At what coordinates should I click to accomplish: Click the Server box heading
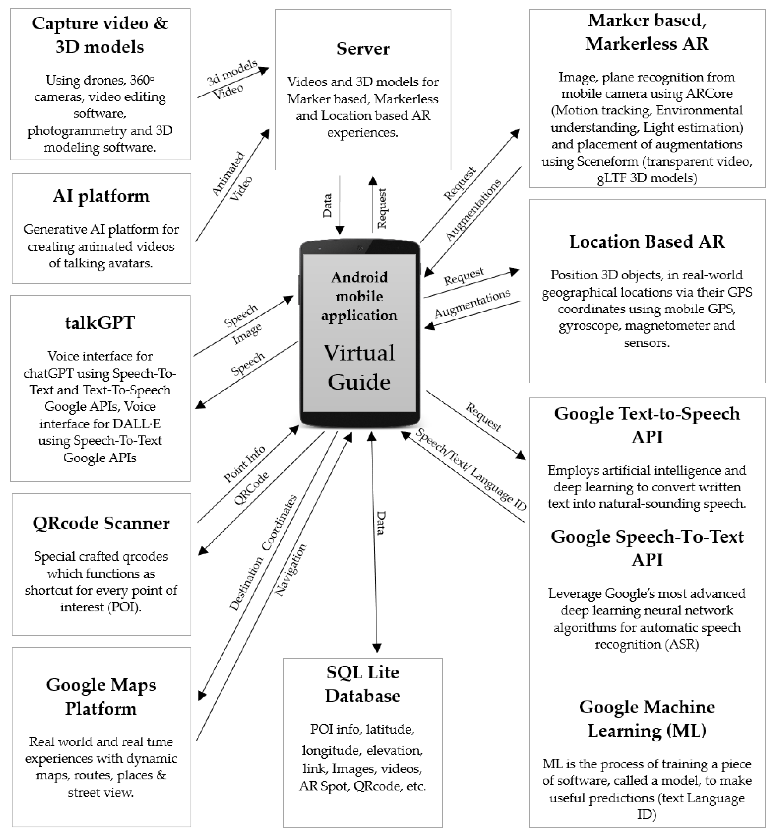point(363,49)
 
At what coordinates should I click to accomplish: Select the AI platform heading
point(101,196)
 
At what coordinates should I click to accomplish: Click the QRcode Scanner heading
point(101,523)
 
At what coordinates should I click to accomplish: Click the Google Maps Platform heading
point(101,697)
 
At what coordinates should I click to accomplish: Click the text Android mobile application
point(359,296)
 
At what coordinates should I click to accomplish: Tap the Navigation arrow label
point(291,569)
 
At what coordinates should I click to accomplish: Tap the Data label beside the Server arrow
point(327,205)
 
